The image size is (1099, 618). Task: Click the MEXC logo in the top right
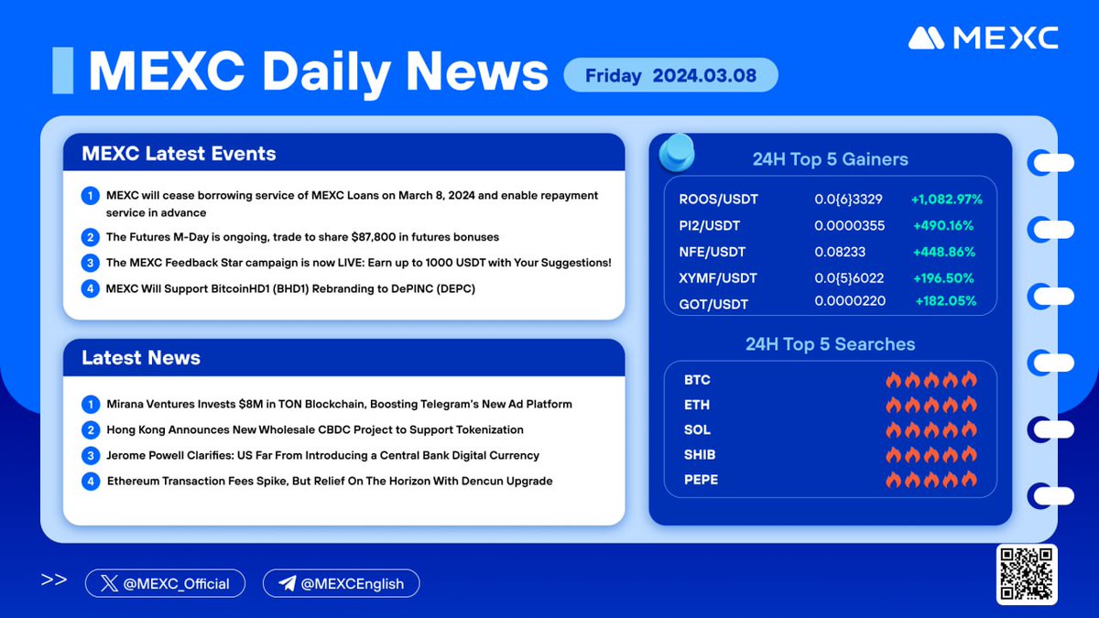(x=983, y=38)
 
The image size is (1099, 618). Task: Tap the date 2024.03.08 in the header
(x=704, y=75)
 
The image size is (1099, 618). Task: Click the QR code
(x=1026, y=574)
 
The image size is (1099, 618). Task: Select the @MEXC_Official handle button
(x=165, y=583)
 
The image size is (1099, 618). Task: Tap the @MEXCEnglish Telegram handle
(x=341, y=583)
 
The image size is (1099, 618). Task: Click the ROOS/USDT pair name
(x=718, y=200)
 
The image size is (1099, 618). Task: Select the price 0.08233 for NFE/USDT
(x=840, y=252)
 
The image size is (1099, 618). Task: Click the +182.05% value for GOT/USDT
(x=945, y=300)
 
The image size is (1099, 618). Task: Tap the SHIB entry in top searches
(x=700, y=454)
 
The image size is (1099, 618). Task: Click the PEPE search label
(x=701, y=479)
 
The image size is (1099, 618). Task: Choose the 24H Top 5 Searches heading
(x=830, y=344)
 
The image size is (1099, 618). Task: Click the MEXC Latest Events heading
(x=179, y=153)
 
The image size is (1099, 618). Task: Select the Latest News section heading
(x=141, y=358)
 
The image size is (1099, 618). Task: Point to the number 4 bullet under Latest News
(x=91, y=480)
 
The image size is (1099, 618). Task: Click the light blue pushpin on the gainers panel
(x=676, y=152)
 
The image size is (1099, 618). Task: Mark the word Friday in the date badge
(x=614, y=75)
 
